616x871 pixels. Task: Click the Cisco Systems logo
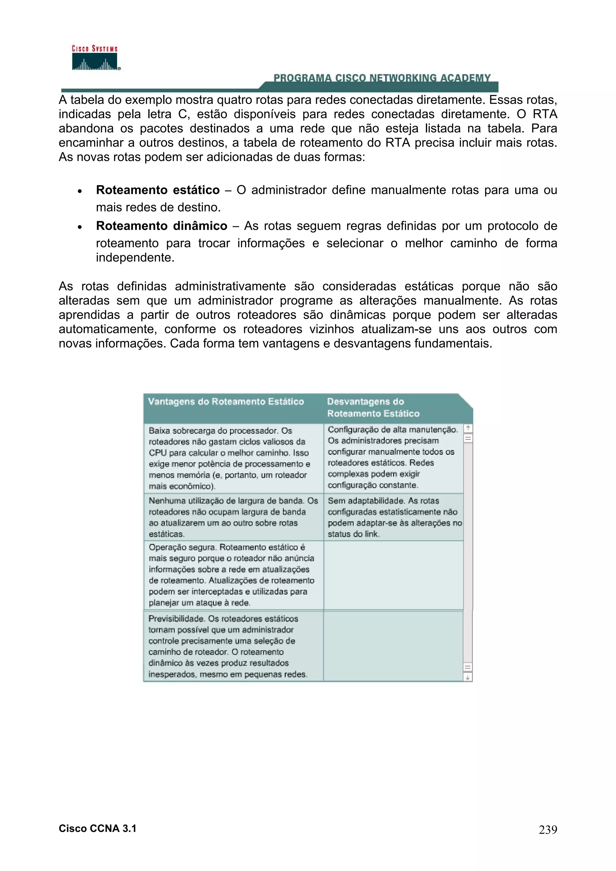click(95, 58)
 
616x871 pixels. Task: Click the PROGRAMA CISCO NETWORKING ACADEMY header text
click(382, 78)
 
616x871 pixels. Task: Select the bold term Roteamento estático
click(158, 190)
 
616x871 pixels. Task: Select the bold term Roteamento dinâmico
click(161, 226)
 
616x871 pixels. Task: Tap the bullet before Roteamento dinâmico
click(80, 227)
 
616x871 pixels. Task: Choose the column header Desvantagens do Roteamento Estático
click(373, 408)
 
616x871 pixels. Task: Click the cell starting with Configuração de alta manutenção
click(393, 457)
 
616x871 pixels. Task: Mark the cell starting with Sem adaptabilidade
click(393, 517)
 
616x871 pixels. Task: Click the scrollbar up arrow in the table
click(468, 428)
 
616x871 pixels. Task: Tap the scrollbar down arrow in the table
click(468, 677)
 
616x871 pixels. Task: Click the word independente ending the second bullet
click(134, 258)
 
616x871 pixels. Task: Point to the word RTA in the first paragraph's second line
click(545, 114)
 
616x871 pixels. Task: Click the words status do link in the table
click(353, 534)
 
